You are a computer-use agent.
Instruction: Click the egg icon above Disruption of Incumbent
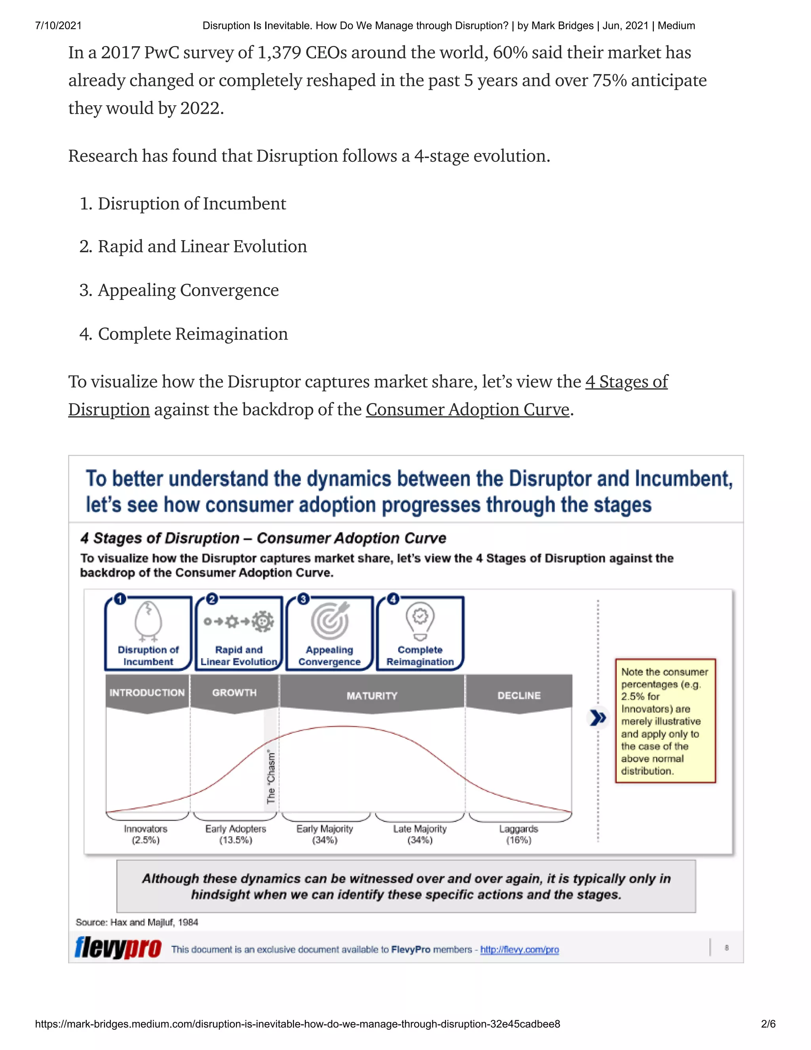pyautogui.click(x=148, y=620)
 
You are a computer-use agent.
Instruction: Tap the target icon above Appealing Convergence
pyautogui.click(x=329, y=620)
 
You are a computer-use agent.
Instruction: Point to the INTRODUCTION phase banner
pyautogui.click(x=147, y=693)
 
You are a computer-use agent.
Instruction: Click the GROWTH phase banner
pyautogui.click(x=234, y=693)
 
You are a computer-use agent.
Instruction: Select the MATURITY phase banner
pyautogui.click(x=372, y=696)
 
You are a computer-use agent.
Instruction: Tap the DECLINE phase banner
pyautogui.click(x=519, y=696)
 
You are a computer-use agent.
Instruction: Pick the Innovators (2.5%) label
pyautogui.click(x=146, y=834)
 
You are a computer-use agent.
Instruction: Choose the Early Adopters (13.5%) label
pyautogui.click(x=236, y=834)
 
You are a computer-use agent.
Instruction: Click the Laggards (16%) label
pyautogui.click(x=518, y=834)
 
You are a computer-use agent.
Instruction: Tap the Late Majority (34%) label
pyautogui.click(x=420, y=834)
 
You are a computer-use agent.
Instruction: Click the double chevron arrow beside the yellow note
pyautogui.click(x=598, y=718)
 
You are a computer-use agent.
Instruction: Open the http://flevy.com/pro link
pyautogui.click(x=520, y=949)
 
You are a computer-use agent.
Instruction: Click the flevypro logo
pyautogui.click(x=118, y=948)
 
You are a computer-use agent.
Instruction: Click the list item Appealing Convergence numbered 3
pyautogui.click(x=188, y=290)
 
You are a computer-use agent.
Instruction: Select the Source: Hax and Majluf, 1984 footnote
pyautogui.click(x=137, y=922)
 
